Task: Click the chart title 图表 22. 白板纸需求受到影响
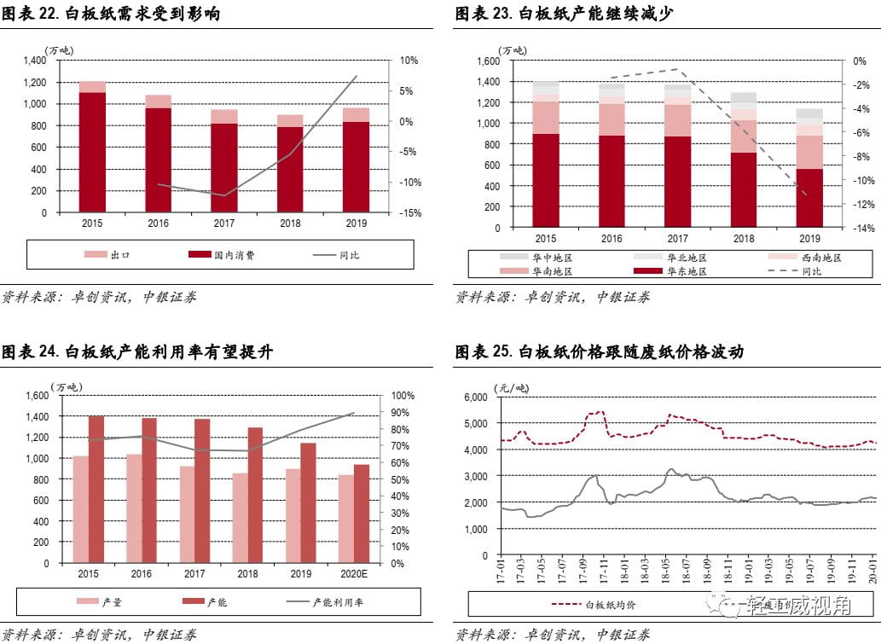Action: (x=111, y=14)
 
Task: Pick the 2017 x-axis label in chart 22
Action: (x=224, y=223)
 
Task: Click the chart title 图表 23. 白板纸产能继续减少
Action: (x=564, y=14)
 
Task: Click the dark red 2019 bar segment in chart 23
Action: (x=809, y=198)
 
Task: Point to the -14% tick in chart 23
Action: (x=862, y=229)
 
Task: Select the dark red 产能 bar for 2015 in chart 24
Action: (x=96, y=489)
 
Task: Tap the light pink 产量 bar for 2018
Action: (x=241, y=518)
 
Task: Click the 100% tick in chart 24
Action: (x=403, y=396)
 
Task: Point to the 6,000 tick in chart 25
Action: (x=474, y=397)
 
